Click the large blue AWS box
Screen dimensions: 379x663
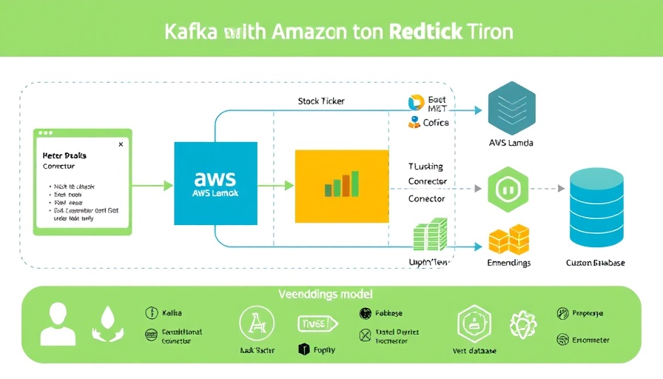[215, 184]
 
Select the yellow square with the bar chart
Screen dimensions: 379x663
[341, 187]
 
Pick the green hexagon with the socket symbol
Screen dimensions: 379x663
[508, 189]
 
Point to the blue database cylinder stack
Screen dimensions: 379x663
[595, 207]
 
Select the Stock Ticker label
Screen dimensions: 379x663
[321, 101]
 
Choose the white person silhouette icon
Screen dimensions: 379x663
[58, 324]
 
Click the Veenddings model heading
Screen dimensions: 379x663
[326, 294]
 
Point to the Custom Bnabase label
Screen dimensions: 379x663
[595, 263]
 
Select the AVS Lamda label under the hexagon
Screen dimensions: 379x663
[511, 143]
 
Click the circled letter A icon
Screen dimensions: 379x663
[257, 324]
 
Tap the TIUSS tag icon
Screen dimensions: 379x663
[317, 323]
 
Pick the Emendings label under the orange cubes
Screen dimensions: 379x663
[509, 263]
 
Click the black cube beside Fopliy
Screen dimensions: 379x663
[302, 349]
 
